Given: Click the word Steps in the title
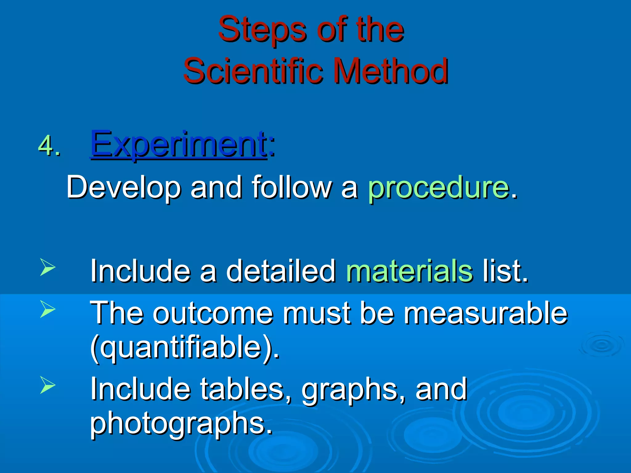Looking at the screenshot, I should tap(262, 30).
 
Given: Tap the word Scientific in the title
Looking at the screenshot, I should tap(253, 71).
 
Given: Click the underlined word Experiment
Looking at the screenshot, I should tap(178, 144).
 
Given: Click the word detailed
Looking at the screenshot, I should tap(281, 271).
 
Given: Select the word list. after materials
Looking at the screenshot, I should tap(505, 271).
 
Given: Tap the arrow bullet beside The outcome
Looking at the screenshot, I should tap(48, 309).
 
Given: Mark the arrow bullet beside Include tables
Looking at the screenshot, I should tap(48, 385).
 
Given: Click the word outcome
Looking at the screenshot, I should tap(213, 313).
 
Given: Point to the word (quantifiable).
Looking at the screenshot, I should tap(185, 348).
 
